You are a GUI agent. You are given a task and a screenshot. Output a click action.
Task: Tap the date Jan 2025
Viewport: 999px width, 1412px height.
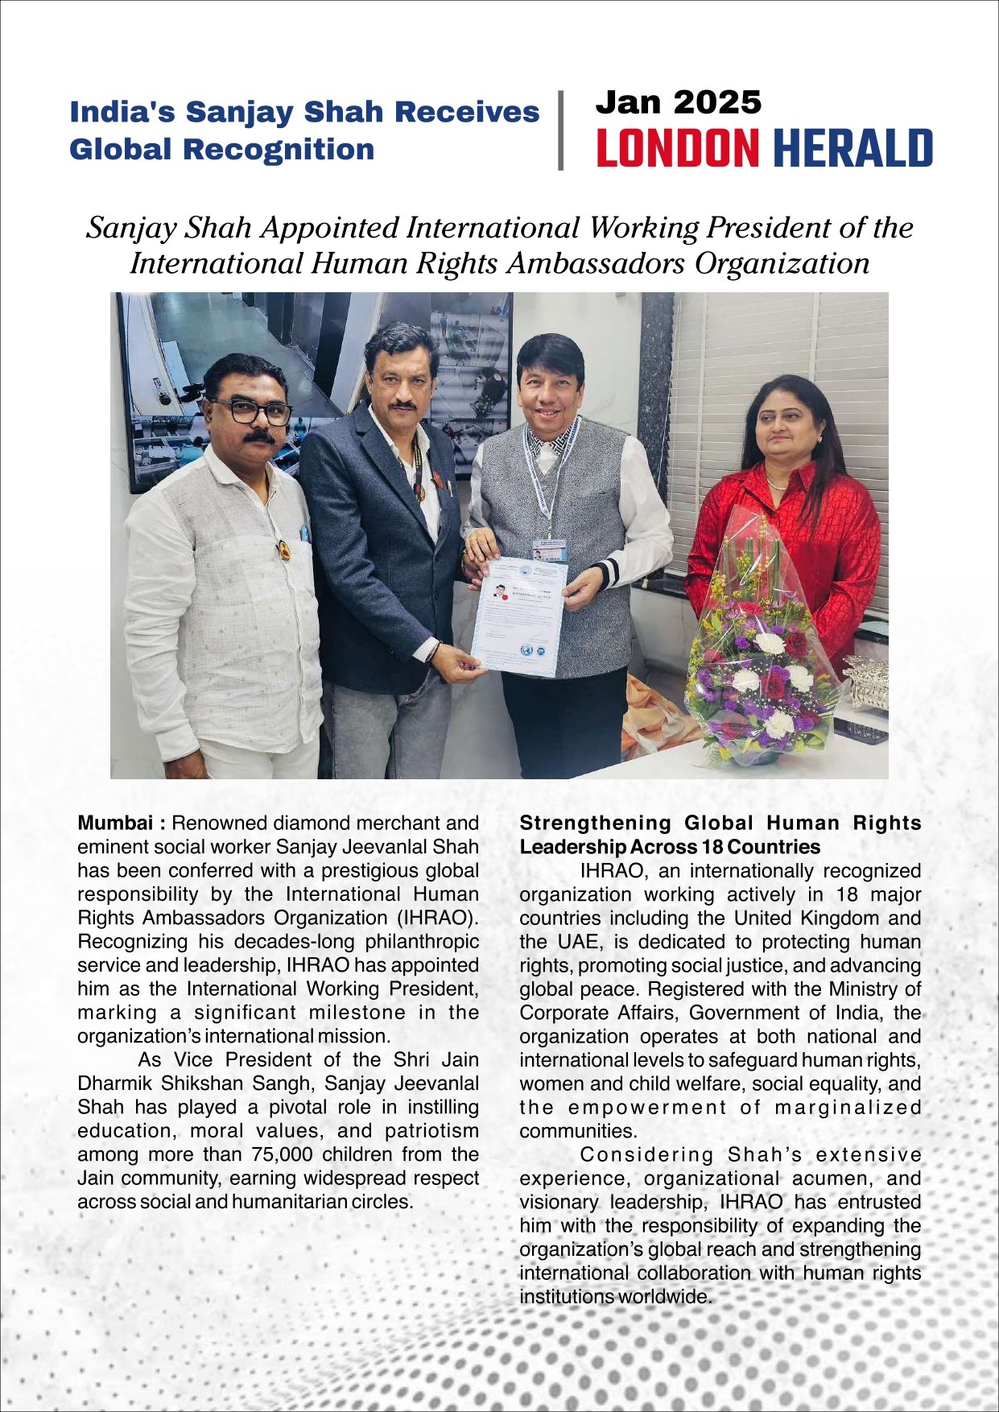[x=678, y=102]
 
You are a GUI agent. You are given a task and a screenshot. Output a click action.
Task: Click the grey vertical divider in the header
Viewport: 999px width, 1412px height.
[x=560, y=130]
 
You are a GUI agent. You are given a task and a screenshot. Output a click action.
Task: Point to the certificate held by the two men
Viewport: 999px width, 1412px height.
[x=518, y=616]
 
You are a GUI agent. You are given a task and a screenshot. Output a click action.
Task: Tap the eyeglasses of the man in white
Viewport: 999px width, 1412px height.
[x=251, y=411]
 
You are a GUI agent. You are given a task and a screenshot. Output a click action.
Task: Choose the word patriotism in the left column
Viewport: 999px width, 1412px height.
[x=431, y=1131]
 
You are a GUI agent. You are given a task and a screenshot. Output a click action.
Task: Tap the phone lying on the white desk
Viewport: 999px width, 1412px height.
[x=861, y=729]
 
